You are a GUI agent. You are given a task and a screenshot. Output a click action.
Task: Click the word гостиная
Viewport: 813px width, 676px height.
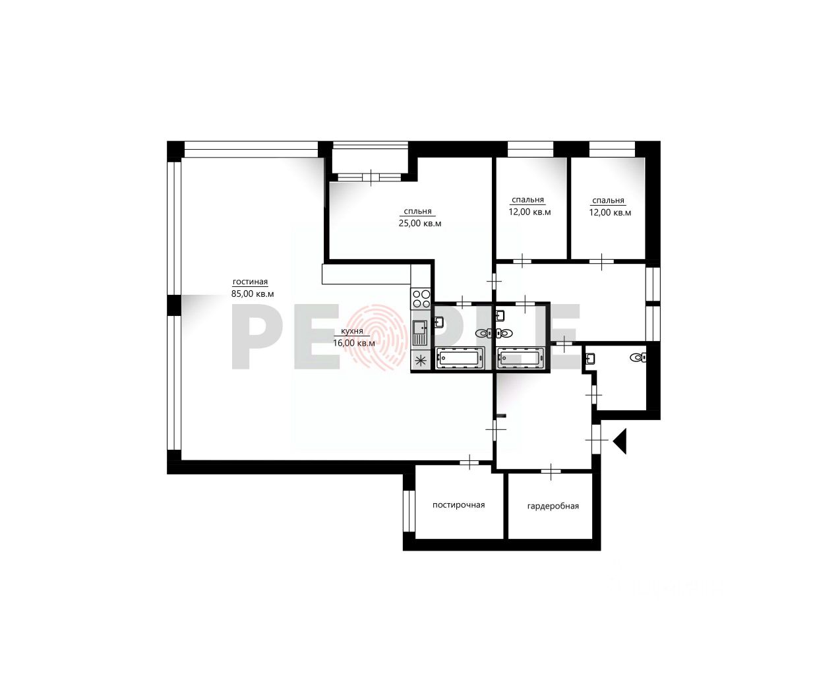250,282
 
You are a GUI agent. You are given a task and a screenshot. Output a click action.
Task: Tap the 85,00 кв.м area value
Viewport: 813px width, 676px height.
253,293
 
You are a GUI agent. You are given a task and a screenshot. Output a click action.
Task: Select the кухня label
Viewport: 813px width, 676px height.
352,331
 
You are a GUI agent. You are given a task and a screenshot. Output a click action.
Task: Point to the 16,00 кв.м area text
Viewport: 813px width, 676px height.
354,343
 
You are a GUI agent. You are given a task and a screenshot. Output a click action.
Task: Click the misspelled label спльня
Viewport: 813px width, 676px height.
417,212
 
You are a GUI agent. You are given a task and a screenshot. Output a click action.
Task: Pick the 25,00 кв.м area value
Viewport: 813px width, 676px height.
420,224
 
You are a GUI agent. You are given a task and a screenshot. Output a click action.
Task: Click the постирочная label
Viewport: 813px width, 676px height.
459,505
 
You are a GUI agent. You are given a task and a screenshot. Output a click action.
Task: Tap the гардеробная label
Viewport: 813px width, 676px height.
553,507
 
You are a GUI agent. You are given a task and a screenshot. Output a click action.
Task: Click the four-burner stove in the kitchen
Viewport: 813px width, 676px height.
421,299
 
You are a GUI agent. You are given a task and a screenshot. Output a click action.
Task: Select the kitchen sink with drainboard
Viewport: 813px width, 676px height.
420,332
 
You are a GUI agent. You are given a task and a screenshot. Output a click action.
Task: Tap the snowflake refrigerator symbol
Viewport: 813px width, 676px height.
421,360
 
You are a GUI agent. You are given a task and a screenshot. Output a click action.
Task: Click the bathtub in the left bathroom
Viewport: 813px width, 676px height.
460,357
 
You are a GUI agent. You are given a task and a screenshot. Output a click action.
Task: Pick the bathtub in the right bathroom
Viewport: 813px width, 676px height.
520,357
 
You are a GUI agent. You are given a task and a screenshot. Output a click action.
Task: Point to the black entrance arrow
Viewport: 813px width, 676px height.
620,441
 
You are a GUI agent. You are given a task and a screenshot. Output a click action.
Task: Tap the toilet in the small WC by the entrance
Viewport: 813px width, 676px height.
638,357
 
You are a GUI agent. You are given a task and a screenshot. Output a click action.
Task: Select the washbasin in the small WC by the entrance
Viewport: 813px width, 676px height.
591,358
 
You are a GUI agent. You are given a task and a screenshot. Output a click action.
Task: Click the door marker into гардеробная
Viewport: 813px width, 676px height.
551,471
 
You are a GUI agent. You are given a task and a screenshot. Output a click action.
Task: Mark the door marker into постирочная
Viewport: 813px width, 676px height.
469,462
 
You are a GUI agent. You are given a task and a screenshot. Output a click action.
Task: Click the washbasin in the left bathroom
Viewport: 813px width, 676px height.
439,323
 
